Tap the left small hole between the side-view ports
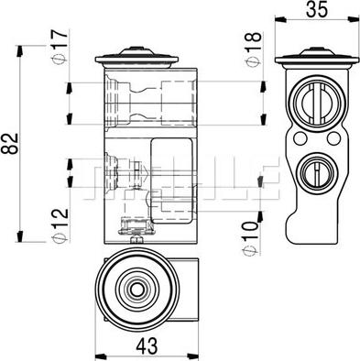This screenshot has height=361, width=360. pos(300,137)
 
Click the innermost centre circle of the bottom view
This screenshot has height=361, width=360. pos(136,289)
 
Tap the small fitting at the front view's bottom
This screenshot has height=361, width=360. pos(134,230)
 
